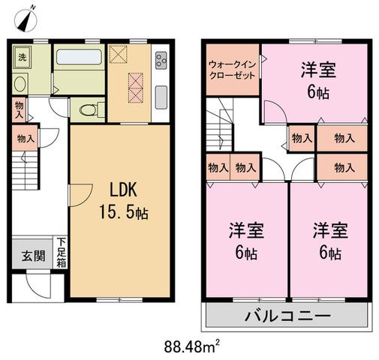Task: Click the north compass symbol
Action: [26, 20]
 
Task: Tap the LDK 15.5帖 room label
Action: [124, 201]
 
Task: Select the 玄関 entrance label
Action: [34, 256]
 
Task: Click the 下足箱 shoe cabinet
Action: [61, 253]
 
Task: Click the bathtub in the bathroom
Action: [79, 57]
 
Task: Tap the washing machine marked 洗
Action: [23, 57]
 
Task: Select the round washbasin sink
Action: [20, 84]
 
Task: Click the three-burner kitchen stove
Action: [161, 61]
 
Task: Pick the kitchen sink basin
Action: [161, 97]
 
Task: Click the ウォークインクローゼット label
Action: [232, 70]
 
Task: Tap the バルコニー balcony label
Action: [287, 316]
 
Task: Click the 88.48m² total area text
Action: [192, 346]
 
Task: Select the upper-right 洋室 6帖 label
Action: [318, 80]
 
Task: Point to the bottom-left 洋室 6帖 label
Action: [246, 241]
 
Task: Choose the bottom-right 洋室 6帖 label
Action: [330, 241]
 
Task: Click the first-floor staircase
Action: [25, 170]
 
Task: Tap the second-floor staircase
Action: [219, 124]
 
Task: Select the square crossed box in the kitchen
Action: [119, 54]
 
